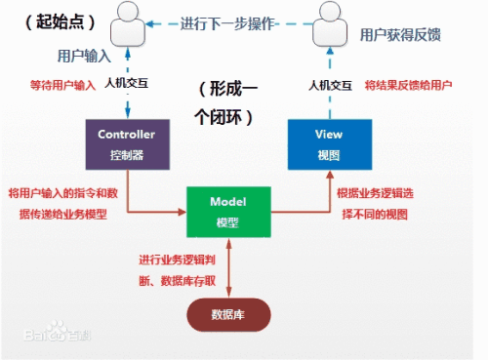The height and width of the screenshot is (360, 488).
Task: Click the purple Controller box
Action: pyautogui.click(x=127, y=143)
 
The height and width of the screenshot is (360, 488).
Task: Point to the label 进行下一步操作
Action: pyautogui.click(x=227, y=23)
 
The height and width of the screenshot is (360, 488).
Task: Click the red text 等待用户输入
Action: pyautogui.click(x=62, y=85)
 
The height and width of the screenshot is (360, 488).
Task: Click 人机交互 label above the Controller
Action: pyautogui.click(x=127, y=85)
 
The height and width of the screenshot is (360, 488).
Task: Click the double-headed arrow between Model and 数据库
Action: pyautogui.click(x=228, y=264)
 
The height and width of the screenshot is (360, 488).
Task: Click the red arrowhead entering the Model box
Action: pyautogui.click(x=182, y=210)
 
